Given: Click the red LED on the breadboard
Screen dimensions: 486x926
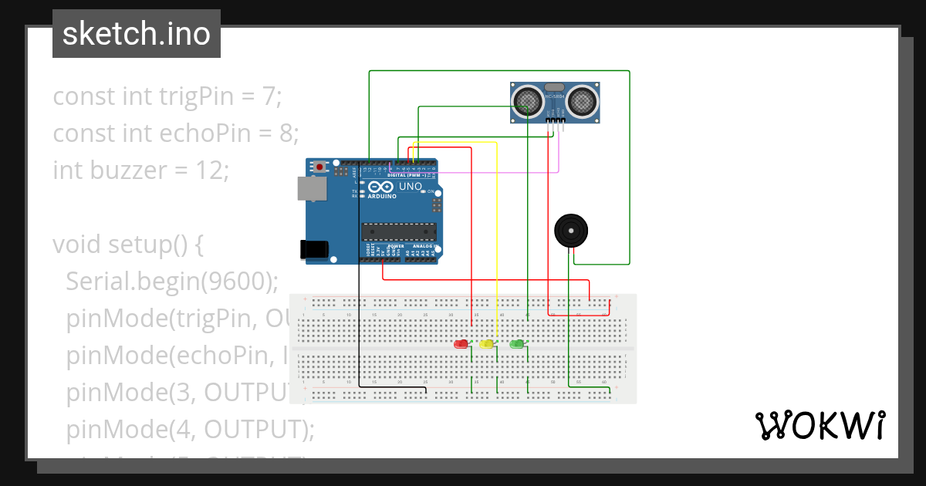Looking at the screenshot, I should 461,344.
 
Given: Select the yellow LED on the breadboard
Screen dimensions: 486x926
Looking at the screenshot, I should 486,344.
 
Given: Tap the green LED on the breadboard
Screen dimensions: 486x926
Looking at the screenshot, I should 517,343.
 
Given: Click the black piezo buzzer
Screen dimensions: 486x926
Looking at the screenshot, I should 569,231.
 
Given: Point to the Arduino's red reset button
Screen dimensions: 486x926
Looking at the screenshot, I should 319,167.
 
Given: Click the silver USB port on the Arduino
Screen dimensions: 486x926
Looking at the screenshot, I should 312,190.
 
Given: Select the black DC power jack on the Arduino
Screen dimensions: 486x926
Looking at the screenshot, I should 314,248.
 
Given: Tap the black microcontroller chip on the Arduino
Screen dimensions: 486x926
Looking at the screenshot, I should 399,231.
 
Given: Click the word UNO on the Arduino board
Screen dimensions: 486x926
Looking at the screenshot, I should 410,186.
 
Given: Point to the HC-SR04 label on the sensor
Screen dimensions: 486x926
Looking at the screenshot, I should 555,96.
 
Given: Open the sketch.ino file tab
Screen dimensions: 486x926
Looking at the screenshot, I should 137,34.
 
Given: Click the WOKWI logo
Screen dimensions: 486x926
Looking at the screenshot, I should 820,425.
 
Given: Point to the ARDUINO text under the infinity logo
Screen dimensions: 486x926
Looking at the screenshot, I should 382,196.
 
